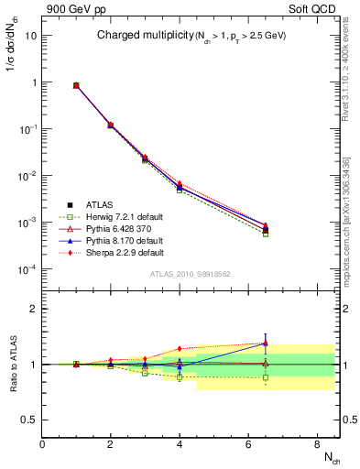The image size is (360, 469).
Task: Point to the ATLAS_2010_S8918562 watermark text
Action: click(190, 274)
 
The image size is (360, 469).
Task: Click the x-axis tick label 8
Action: click(316, 444)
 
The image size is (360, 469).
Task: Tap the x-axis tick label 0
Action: click(42, 444)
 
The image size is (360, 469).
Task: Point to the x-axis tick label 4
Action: click(180, 444)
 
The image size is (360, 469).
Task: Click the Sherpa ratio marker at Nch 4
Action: click(180, 349)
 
